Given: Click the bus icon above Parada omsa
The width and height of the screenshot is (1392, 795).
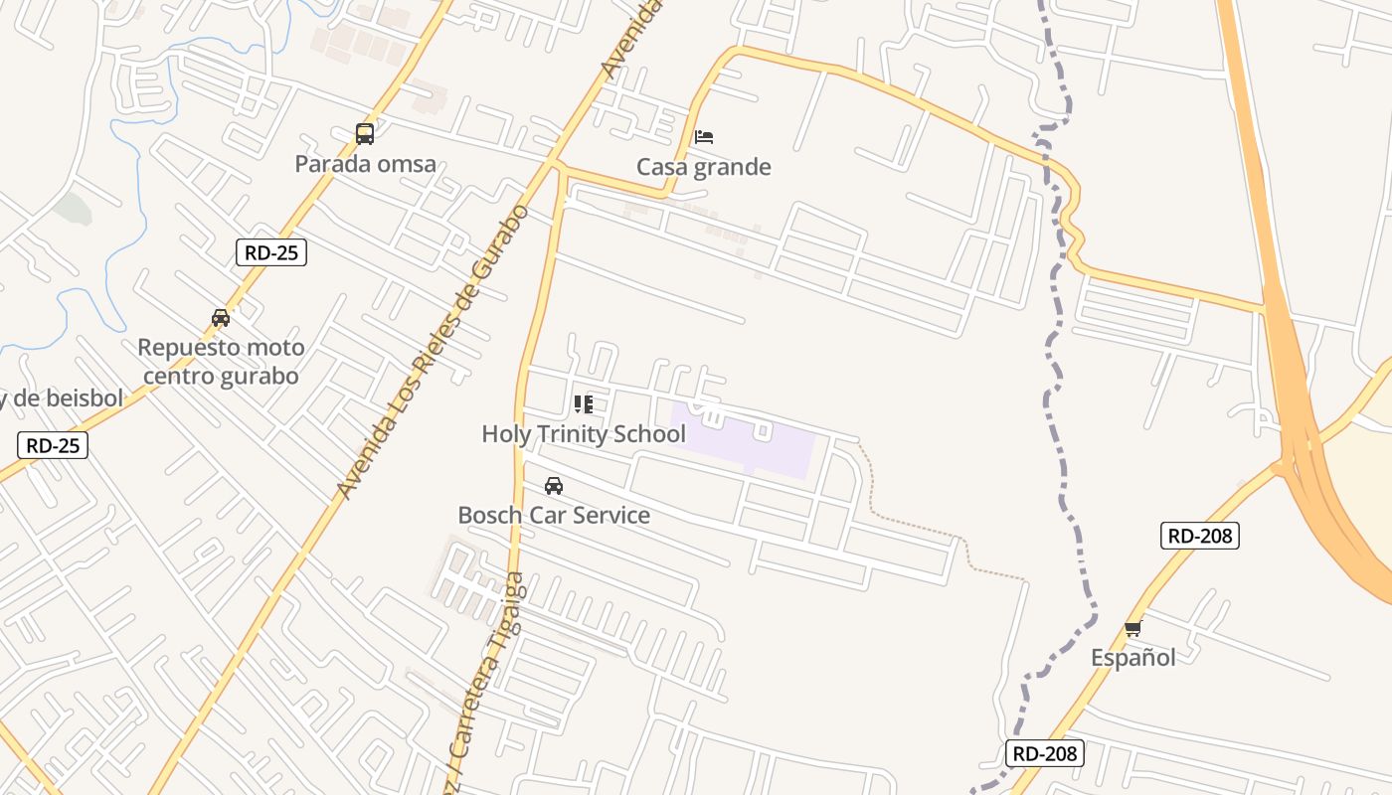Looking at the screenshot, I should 365,133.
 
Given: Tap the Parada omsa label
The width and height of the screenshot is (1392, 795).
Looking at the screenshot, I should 365,164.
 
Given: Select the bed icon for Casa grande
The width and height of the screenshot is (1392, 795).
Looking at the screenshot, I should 704,136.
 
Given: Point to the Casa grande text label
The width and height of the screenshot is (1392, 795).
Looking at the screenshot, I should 704,167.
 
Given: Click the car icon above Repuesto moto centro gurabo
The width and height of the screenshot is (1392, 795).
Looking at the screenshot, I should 221,318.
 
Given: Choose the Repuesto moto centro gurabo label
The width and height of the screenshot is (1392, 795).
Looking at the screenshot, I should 221,362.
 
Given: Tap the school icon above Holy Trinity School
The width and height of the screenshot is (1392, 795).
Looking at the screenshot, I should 584,404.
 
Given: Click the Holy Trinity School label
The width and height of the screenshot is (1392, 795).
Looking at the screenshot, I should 584,434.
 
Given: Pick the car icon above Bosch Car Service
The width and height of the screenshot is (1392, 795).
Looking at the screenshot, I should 554,486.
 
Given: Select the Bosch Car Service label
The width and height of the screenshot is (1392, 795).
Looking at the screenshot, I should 554,516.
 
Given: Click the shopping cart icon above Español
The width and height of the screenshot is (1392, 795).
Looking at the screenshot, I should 1132,628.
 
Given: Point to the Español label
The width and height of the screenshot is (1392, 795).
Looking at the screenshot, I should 1132,658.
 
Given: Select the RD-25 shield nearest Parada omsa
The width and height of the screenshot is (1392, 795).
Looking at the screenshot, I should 271,252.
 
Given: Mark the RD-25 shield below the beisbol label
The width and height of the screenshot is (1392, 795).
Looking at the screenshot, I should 53,445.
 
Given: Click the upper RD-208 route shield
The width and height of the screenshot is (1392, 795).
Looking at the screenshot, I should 1200,536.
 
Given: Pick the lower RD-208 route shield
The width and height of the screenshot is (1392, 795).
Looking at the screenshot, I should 1044,753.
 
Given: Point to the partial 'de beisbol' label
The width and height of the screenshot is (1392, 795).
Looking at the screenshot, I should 62,399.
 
